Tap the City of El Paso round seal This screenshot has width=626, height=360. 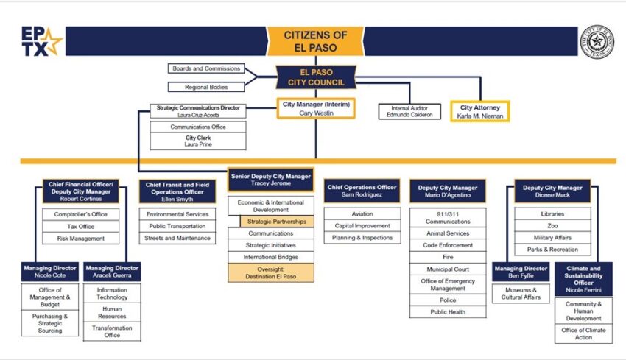(597, 41)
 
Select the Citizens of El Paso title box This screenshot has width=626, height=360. (314, 42)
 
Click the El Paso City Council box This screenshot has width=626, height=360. (315, 77)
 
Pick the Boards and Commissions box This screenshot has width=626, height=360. (206, 68)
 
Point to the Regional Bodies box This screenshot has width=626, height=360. (206, 87)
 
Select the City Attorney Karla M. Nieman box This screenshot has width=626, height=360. (479, 111)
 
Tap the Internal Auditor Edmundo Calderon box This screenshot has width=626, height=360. (406, 111)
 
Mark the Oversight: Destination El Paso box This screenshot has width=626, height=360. (271, 272)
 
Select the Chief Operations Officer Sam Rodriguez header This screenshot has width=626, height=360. (362, 191)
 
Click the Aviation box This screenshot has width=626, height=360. (362, 213)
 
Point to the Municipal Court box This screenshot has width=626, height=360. (448, 269)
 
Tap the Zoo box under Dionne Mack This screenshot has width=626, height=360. (552, 225)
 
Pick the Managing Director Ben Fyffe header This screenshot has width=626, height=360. (521, 272)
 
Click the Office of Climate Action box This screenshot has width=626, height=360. (583, 333)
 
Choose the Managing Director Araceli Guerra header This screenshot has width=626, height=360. (112, 272)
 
